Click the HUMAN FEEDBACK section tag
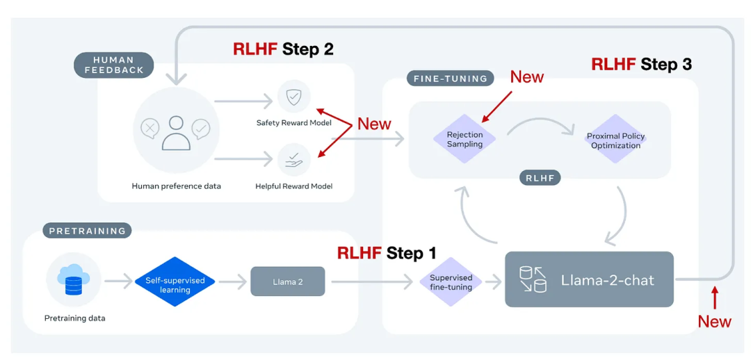pos(113,65)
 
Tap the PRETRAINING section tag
pos(87,231)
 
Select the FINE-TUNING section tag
pos(450,79)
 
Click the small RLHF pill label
pos(540,178)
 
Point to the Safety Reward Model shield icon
pos(293,97)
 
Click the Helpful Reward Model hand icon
pos(293,159)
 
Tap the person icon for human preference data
pos(175,132)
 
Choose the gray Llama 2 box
pos(287,281)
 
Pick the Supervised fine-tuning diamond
pos(451,282)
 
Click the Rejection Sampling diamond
pos(465,140)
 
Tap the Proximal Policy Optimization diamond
pos(615,140)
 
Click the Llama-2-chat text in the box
pos(607,281)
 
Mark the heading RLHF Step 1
pos(387,253)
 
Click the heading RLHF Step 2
pos(283,49)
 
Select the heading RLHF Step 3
pos(641,65)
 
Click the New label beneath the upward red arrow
pos(714,321)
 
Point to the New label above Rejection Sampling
pos(526,77)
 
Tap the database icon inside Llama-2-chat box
pos(533,279)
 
